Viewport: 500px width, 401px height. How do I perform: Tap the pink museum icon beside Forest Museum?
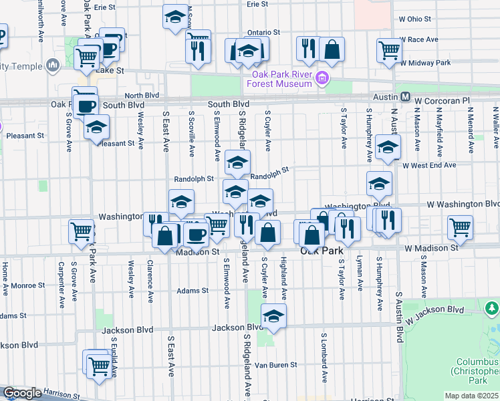tap(322, 79)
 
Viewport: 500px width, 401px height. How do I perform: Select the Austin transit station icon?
tap(406, 98)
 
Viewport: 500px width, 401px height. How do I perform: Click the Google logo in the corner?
tap(22, 394)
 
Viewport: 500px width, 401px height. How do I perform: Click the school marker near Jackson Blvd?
tap(273, 316)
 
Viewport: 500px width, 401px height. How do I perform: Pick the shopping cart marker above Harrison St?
tap(99, 365)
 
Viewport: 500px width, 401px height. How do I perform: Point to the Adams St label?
tap(193, 291)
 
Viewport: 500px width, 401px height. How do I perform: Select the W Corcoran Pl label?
tap(443, 100)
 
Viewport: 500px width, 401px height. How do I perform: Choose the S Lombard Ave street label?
tap(324, 358)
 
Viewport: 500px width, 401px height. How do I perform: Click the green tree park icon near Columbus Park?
tap(492, 308)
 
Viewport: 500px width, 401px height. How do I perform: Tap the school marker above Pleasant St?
tap(96, 127)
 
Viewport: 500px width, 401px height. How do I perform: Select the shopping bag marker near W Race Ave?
tap(332, 48)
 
